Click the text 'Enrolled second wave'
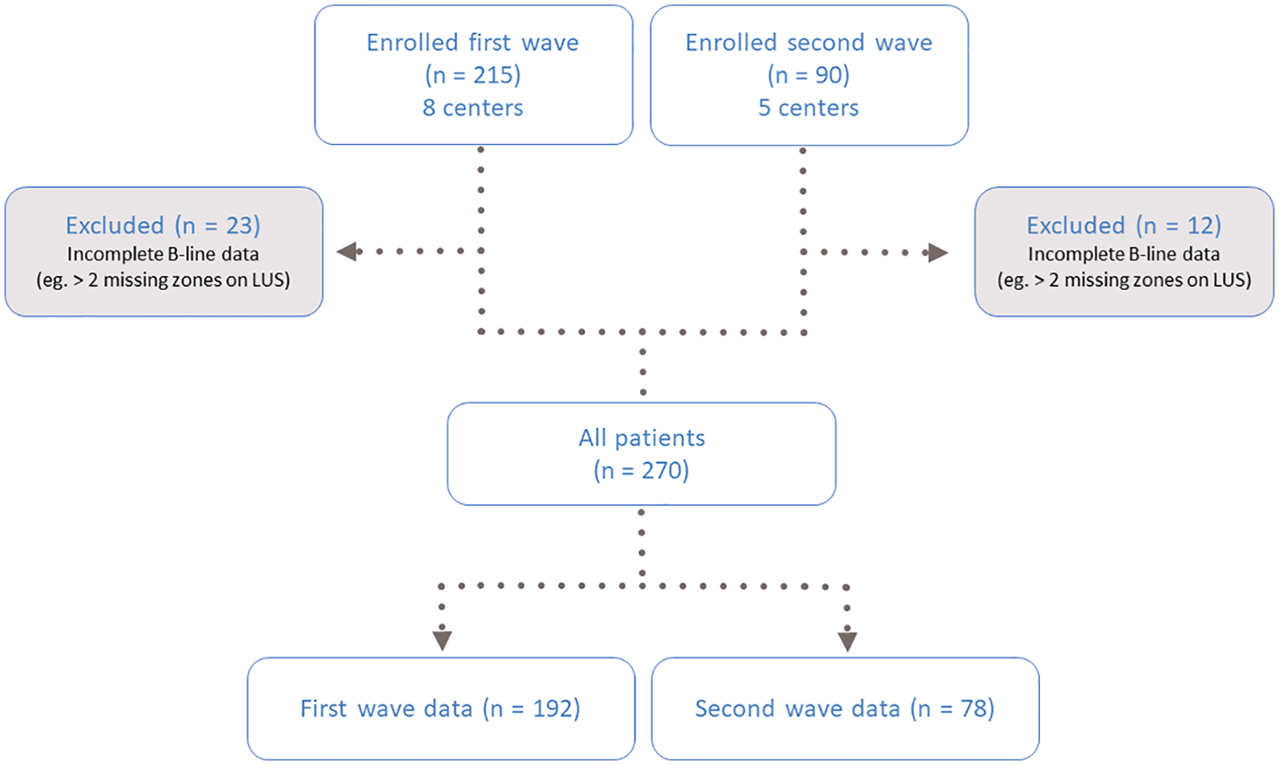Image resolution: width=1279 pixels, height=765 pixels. (809, 44)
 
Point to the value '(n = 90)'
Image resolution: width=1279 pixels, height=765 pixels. (809, 76)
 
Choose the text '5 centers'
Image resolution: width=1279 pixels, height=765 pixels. (809, 108)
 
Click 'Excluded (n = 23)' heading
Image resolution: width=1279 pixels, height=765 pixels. (163, 227)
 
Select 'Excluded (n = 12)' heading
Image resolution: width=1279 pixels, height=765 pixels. (1123, 227)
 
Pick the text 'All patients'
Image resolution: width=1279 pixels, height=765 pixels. (641, 438)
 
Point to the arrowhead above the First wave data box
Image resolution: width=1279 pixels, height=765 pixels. (443, 640)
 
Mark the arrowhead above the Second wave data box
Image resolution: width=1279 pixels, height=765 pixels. (847, 640)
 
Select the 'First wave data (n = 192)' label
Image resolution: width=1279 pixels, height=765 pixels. (440, 708)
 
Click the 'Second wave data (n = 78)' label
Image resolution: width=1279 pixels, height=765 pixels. (844, 708)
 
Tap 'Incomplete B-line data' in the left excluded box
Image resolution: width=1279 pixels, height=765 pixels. (163, 256)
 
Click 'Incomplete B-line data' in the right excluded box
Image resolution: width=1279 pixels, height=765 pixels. (1123, 256)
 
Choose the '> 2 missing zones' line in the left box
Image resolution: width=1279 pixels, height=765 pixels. (163, 282)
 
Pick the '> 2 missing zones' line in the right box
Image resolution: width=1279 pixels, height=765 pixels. (1123, 282)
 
